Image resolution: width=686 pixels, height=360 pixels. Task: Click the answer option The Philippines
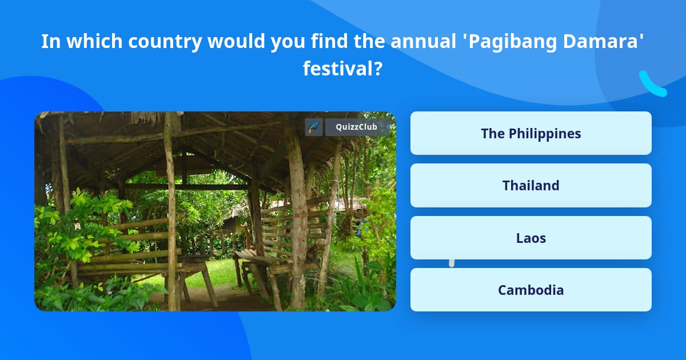pos(531,133)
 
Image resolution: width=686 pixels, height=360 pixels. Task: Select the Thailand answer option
pos(531,185)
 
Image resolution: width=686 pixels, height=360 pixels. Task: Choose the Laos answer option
pos(531,238)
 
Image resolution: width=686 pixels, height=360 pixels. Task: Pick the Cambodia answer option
pos(531,290)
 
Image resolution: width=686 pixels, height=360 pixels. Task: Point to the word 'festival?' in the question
pos(342,69)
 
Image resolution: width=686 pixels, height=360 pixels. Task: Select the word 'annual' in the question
pos(419,42)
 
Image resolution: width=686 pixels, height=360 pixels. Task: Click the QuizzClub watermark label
pos(356,127)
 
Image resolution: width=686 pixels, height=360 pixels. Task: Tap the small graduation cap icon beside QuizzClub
pos(314,127)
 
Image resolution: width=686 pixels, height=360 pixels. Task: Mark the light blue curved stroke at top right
pos(652,84)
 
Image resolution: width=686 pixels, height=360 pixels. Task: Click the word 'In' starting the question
pos(49,42)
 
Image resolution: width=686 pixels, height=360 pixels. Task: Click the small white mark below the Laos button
pos(452,263)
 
